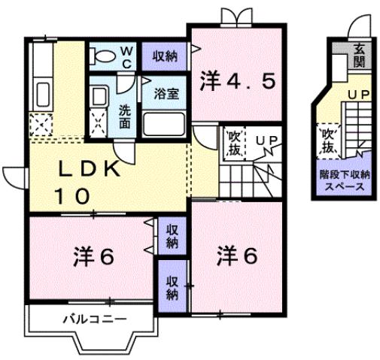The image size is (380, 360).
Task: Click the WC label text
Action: click(127, 56)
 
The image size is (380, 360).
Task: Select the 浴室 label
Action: click(166, 94)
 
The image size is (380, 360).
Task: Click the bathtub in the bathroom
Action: click(166, 123)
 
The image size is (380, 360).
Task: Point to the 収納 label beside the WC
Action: click(166, 55)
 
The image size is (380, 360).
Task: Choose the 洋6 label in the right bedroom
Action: click(238, 256)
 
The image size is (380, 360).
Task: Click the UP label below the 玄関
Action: click(357, 95)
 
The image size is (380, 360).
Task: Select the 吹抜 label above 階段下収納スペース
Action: click(327, 141)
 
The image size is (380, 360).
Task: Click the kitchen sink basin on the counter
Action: click(42, 96)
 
